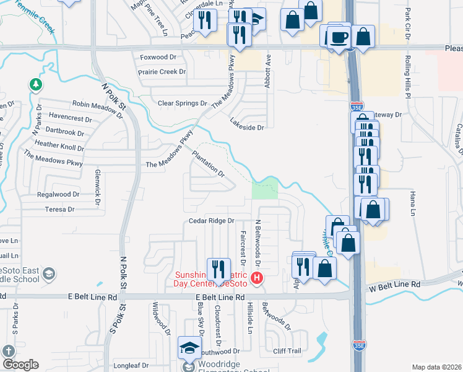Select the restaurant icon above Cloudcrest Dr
tap(218, 269)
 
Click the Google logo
tap(20, 365)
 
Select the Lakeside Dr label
tap(247, 128)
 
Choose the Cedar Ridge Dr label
tap(212, 221)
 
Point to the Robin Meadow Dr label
tap(98, 107)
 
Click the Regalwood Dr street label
tap(59, 194)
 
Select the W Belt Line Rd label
tap(395, 284)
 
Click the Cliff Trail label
tap(287, 351)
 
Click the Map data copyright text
tap(436, 367)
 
